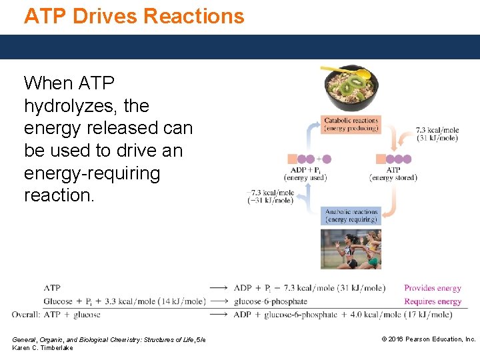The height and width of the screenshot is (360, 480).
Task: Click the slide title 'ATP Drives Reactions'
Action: click(134, 15)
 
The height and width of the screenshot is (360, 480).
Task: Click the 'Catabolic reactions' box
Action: click(351, 124)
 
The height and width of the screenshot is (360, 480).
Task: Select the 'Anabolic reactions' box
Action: click(351, 215)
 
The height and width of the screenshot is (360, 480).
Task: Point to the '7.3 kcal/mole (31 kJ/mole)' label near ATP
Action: click(437, 134)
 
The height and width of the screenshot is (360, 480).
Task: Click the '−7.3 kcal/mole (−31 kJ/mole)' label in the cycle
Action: click(271, 197)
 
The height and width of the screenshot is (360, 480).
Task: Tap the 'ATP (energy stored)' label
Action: click(393, 174)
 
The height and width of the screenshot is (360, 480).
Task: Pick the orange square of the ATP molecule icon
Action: click(381, 159)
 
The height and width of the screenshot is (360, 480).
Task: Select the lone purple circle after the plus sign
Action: click(327, 159)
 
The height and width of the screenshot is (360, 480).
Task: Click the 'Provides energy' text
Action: click(432, 288)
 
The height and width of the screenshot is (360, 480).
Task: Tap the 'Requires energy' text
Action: click(432, 301)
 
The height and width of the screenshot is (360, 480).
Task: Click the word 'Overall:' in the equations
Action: click(26, 315)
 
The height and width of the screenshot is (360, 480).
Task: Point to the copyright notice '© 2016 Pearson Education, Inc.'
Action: click(428, 339)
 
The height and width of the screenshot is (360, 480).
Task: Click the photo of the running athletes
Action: click(351, 249)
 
